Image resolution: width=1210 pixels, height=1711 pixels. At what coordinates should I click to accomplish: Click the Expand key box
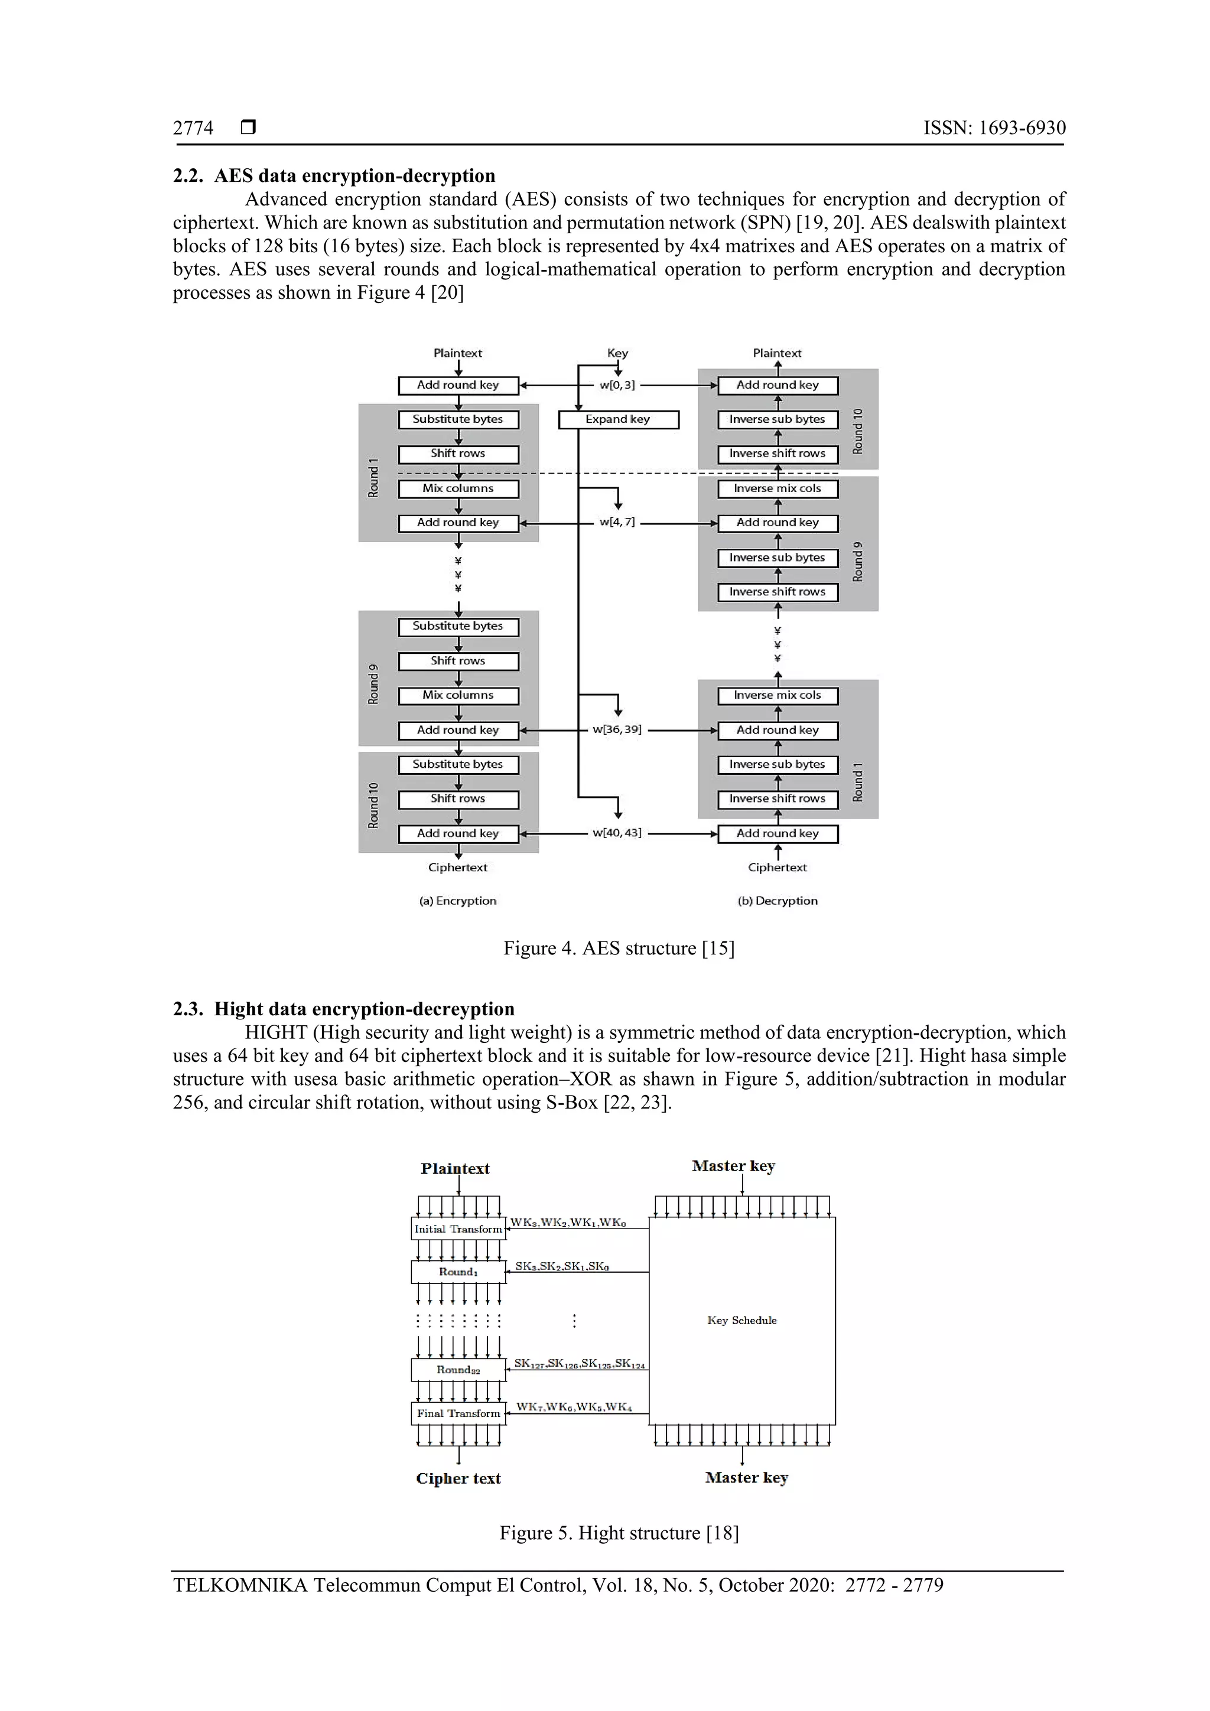click(618, 419)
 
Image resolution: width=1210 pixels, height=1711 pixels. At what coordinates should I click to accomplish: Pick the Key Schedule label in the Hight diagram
click(742, 1320)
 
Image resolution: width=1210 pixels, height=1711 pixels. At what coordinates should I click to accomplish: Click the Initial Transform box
click(458, 1229)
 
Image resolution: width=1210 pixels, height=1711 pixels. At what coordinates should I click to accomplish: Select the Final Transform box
click(458, 1413)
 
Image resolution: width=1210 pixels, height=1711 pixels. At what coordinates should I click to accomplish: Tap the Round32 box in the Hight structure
click(458, 1370)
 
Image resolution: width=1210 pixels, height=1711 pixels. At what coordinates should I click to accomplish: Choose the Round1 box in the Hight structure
click(458, 1272)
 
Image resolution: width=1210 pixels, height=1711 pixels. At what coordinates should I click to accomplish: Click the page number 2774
click(193, 128)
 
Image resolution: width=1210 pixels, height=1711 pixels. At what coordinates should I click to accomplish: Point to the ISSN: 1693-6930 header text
click(994, 128)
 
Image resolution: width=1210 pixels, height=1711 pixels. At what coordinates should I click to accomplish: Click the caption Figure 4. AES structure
click(619, 948)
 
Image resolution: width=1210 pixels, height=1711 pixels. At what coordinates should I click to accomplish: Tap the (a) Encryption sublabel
click(458, 901)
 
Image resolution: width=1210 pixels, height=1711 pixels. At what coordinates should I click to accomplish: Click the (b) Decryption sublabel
click(778, 901)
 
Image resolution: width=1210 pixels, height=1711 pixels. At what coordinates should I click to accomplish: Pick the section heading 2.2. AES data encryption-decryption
click(334, 176)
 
